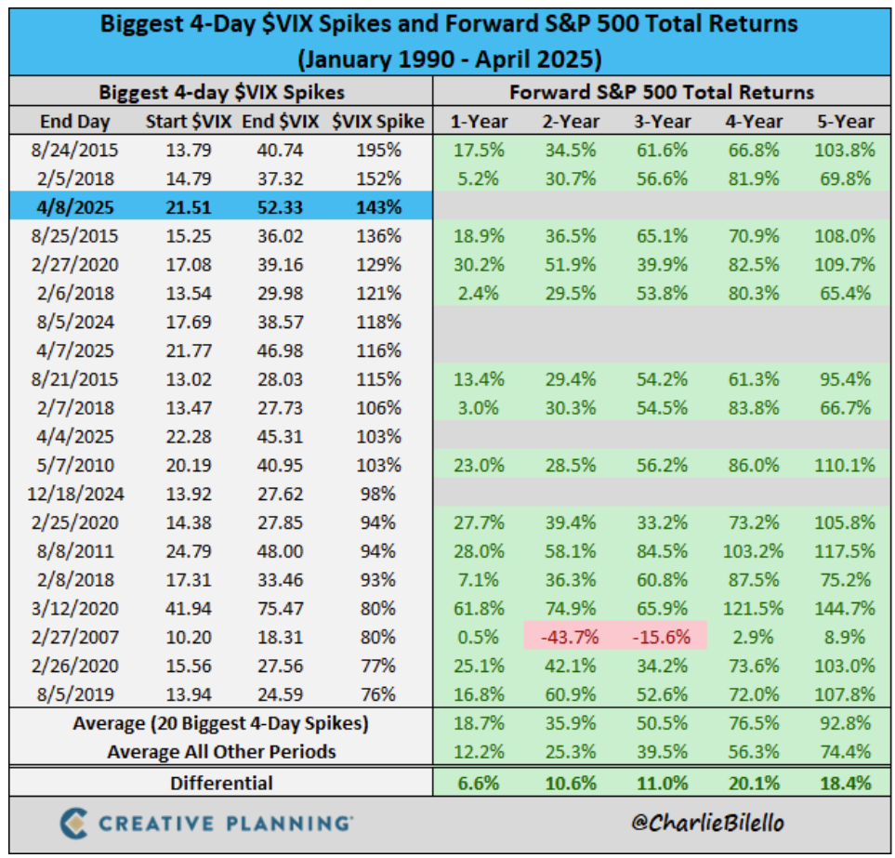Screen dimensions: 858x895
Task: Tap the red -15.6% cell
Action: [662, 637]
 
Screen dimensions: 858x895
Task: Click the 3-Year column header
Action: [662, 121]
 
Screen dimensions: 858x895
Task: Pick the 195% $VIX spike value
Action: [381, 149]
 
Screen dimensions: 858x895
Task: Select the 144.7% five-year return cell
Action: [845, 608]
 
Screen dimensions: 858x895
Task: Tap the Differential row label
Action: [221, 783]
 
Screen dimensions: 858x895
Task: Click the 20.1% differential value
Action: [754, 783]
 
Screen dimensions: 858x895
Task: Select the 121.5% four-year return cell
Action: [754, 608]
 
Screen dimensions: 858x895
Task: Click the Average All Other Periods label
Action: [221, 751]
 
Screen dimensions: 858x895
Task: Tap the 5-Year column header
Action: [845, 121]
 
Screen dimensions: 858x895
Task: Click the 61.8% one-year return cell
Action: [479, 608]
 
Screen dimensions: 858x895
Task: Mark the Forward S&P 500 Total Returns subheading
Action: [662, 92]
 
